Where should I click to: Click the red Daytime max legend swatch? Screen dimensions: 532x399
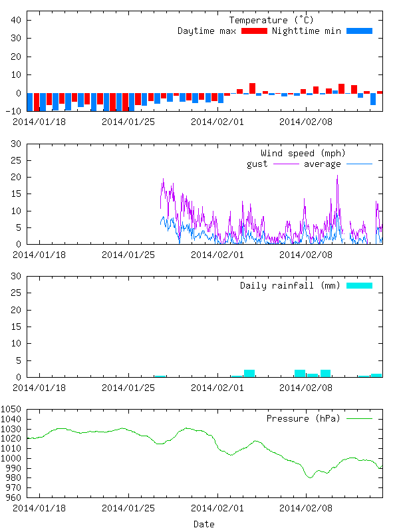(254, 31)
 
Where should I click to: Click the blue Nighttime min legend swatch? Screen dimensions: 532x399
(359, 31)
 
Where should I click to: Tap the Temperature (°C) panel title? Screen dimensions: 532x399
(268, 21)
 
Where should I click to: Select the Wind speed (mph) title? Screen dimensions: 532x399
(303, 154)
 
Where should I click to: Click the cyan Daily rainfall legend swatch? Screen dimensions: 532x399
(359, 286)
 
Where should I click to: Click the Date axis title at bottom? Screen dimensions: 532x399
(203, 524)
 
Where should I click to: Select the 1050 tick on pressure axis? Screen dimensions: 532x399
(13, 410)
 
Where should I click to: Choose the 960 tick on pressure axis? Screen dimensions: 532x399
(15, 497)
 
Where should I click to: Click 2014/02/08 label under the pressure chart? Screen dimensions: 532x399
(305, 508)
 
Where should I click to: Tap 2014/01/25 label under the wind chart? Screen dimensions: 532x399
(128, 255)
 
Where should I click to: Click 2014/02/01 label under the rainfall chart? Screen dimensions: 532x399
(217, 388)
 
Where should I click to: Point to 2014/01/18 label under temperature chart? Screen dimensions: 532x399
(39, 122)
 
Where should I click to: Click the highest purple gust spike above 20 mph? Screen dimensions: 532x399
(337, 176)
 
